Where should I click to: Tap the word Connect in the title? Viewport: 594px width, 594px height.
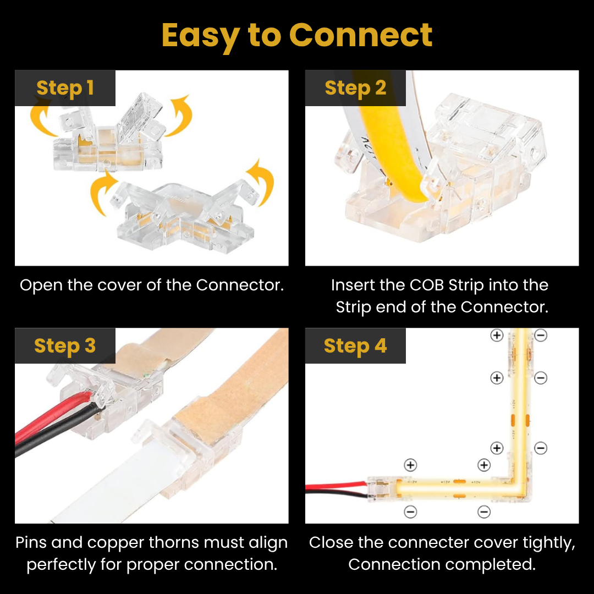click(361, 36)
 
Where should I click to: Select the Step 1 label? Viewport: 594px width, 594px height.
click(65, 88)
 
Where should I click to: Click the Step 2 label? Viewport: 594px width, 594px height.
click(355, 88)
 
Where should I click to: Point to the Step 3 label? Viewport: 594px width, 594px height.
click(65, 346)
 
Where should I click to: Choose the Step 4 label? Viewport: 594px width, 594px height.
click(355, 346)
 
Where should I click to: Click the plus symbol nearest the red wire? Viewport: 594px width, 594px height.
click(410, 465)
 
